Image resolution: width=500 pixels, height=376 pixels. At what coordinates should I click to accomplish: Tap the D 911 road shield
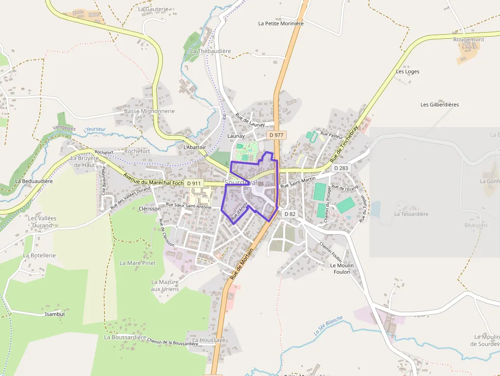(x=194, y=183)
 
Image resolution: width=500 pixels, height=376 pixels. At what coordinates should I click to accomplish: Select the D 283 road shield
(x=341, y=168)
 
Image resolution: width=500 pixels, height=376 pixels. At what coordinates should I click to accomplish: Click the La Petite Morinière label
(x=281, y=23)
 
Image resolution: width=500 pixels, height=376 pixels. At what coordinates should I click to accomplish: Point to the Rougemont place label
(x=468, y=40)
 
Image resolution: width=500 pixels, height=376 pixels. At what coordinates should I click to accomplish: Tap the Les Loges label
(x=408, y=71)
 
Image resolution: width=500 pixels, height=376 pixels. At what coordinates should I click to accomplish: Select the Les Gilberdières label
(x=439, y=105)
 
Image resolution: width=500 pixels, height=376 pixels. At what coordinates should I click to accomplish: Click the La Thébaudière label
(x=211, y=51)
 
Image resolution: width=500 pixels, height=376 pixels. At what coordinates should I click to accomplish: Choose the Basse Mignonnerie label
(x=149, y=111)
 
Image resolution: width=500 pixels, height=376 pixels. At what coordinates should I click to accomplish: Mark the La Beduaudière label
(x=34, y=181)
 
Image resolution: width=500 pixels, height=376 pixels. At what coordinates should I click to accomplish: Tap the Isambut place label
(x=55, y=314)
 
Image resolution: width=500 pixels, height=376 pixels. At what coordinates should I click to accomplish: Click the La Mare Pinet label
(x=137, y=263)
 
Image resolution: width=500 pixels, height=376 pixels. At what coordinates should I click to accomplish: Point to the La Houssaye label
(x=209, y=340)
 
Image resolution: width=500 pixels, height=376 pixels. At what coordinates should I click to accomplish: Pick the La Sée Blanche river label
(x=328, y=325)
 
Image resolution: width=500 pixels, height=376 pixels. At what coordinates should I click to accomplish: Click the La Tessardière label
(x=411, y=214)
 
